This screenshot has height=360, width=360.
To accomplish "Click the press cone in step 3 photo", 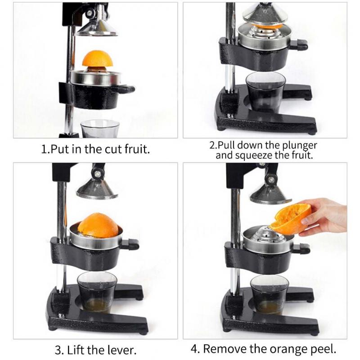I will coord(97,189).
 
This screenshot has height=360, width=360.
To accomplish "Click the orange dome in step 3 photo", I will coord(98,225).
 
